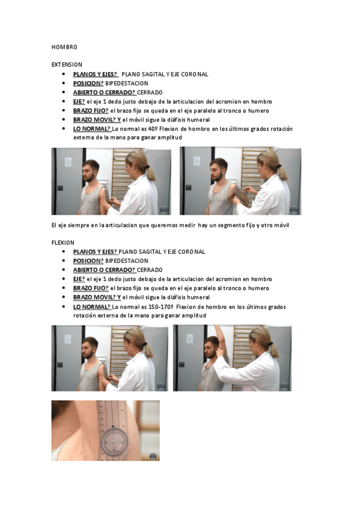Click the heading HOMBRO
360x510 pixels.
(x=64, y=47)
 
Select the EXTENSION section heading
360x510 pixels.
(x=67, y=65)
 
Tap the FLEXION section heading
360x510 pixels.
(x=63, y=242)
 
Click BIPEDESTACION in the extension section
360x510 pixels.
(x=127, y=83)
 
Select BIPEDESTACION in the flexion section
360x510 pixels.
(x=127, y=261)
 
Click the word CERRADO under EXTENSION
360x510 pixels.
(x=150, y=93)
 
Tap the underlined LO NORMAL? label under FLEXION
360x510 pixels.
(x=92, y=307)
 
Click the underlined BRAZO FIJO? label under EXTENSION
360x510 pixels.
(x=91, y=111)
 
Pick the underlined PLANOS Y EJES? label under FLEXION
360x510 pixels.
(x=95, y=252)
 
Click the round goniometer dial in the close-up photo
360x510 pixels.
(x=114, y=443)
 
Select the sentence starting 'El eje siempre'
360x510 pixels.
(x=170, y=225)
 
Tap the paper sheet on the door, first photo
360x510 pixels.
(x=68, y=162)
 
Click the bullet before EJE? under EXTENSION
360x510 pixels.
(x=64, y=102)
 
